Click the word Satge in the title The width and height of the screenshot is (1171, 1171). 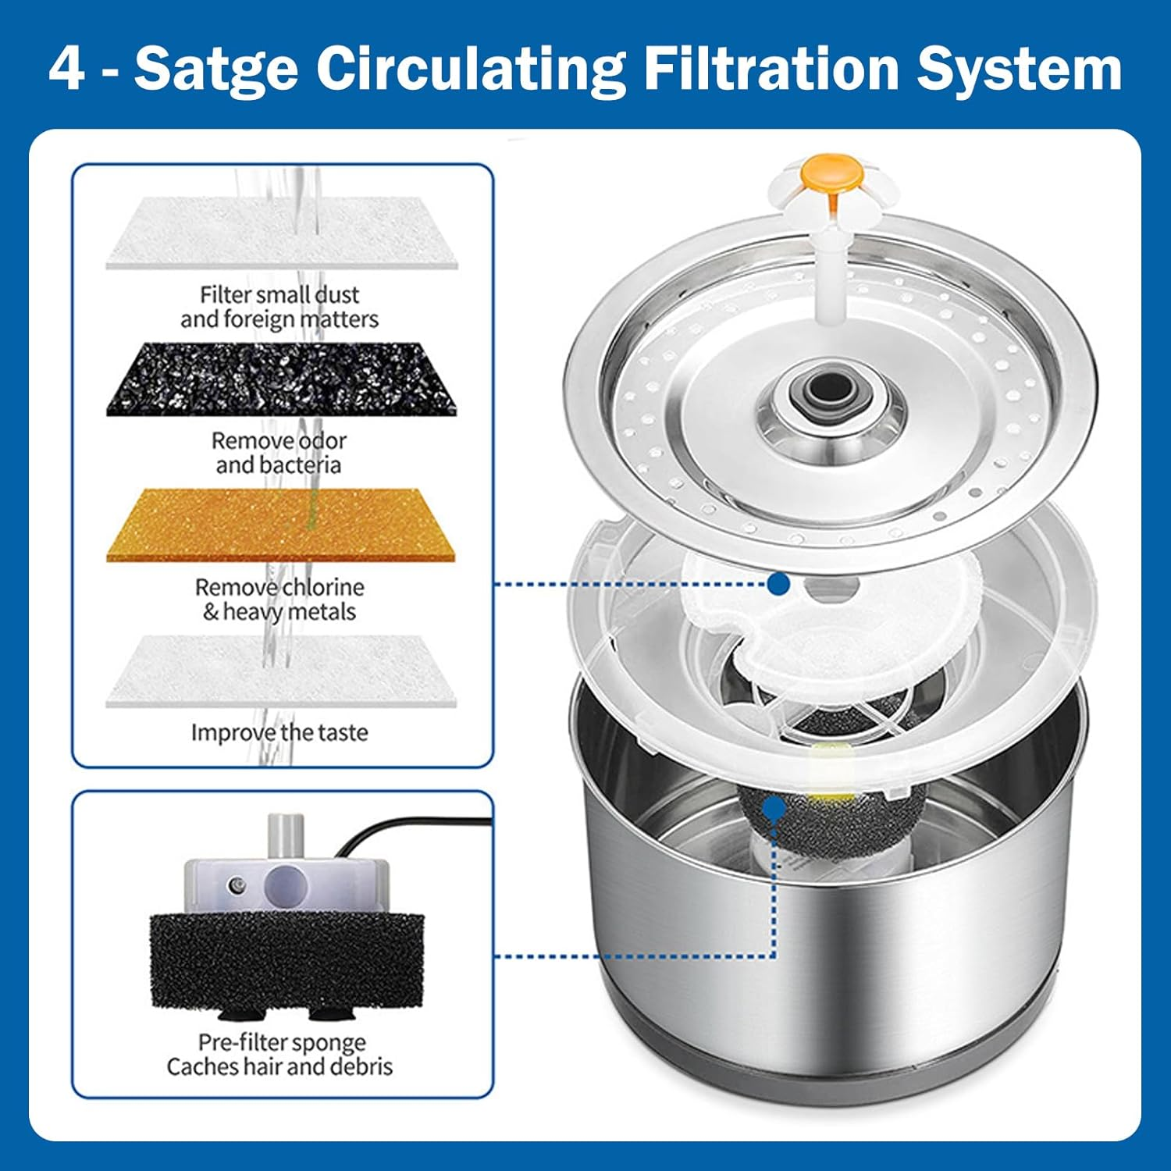pyautogui.click(x=216, y=69)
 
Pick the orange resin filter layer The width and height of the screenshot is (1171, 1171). pyautogui.click(x=281, y=525)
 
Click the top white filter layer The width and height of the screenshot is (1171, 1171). pyautogui.click(x=281, y=233)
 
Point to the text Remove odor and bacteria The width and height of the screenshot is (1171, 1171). pyautogui.click(x=279, y=453)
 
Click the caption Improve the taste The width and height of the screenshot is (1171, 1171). pyautogui.click(x=279, y=732)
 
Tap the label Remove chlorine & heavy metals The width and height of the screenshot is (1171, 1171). pyautogui.click(x=279, y=599)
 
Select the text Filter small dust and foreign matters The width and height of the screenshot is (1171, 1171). pyautogui.click(x=279, y=307)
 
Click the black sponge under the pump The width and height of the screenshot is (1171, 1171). pyautogui.click(x=286, y=960)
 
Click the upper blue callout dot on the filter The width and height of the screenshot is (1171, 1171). pyautogui.click(x=778, y=583)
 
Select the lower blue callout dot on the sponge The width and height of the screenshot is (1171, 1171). pyautogui.click(x=774, y=809)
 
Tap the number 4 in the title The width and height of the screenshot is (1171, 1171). pyautogui.click(x=66, y=69)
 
